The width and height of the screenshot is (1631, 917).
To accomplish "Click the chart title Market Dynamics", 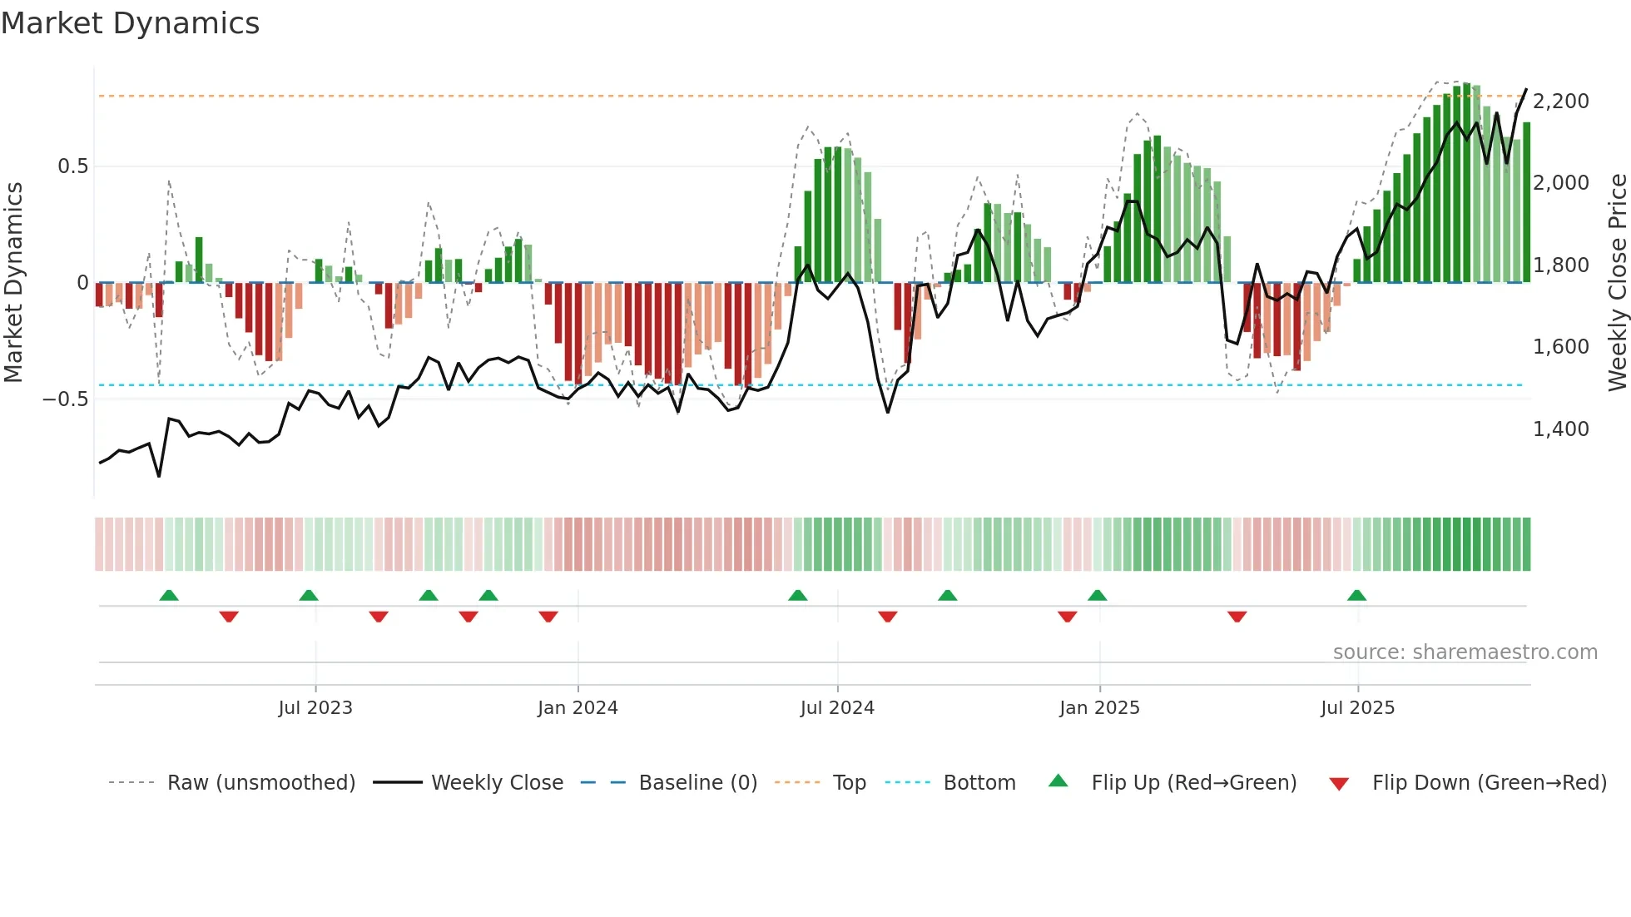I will click(x=130, y=23).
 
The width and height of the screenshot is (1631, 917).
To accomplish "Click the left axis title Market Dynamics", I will click(x=13, y=282).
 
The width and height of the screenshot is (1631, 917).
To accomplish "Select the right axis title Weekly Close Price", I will click(x=1617, y=282).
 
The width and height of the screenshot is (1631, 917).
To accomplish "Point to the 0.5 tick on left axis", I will click(x=72, y=166).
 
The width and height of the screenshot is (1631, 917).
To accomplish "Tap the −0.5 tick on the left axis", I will click(x=66, y=399).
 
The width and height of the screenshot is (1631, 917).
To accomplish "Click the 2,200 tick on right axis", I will click(x=1560, y=102).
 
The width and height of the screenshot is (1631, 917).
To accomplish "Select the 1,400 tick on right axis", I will click(x=1560, y=429).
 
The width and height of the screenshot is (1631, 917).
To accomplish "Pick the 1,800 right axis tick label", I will click(x=1560, y=265).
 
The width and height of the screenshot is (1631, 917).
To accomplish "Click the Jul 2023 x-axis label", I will click(x=315, y=708).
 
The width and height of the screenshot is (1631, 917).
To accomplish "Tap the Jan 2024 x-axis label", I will click(x=578, y=708).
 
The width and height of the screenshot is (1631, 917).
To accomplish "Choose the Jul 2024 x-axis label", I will click(x=837, y=708).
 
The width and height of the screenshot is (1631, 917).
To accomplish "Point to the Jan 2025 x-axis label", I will click(x=1099, y=708).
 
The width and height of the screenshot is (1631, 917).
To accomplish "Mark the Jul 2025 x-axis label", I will click(x=1357, y=708).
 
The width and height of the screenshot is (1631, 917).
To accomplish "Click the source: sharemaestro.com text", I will click(x=1465, y=652).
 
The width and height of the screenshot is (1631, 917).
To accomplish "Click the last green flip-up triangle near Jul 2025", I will click(x=1356, y=595).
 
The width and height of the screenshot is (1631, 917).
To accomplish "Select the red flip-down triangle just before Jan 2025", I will click(x=1067, y=616).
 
